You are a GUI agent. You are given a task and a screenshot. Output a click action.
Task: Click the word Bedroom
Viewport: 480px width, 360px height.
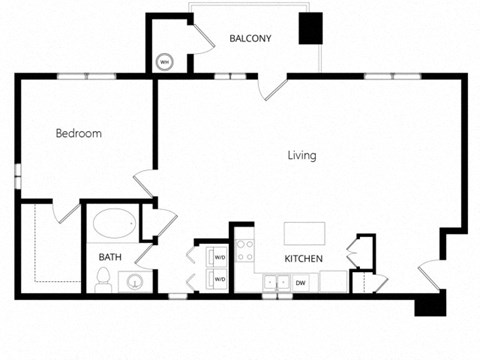(78, 133)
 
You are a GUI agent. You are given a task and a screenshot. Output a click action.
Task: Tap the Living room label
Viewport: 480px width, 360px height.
(302, 155)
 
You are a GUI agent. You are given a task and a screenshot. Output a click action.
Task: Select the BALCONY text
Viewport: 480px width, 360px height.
(251, 39)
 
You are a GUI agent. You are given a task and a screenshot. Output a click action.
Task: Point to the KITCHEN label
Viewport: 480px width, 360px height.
(303, 259)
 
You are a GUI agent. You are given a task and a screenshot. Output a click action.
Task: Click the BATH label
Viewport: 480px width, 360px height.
(110, 257)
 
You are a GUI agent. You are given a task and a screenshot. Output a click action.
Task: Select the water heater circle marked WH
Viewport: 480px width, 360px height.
(164, 62)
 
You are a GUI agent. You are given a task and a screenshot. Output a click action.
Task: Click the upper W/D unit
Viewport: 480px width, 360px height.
(218, 257)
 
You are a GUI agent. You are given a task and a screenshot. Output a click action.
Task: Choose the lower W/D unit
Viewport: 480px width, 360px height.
(218, 279)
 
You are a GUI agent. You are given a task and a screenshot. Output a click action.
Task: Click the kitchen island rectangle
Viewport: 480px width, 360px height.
(304, 234)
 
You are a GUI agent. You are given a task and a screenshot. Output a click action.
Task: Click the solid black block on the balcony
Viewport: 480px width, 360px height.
(312, 29)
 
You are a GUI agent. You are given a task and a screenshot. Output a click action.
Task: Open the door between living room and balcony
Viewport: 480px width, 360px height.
(273, 88)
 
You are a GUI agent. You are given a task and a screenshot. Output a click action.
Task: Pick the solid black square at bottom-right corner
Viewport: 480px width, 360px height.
(431, 304)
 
